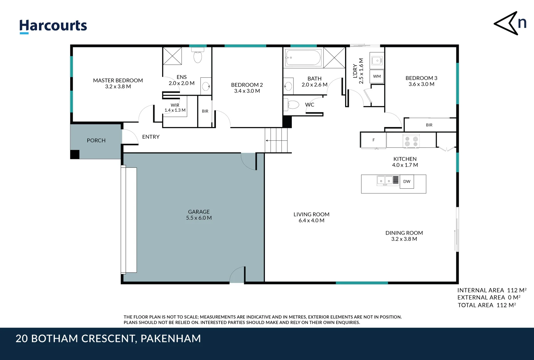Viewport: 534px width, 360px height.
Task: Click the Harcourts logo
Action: pos(53,26)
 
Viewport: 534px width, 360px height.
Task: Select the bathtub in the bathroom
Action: pos(303,58)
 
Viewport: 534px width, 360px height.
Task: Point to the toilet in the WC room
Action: pos(292,105)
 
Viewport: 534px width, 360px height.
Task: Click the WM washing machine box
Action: pos(377,76)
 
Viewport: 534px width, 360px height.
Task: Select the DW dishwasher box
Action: pos(407,182)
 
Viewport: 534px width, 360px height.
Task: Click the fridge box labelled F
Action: pos(373,140)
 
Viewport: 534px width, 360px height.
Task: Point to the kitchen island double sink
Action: pos(385,181)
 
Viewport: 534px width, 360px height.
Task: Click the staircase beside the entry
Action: pos(276,140)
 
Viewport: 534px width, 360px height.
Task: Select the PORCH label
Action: pos(96,141)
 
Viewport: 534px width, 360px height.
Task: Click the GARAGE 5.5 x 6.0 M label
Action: pos(199,215)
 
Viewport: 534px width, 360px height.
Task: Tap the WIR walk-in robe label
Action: pos(175,105)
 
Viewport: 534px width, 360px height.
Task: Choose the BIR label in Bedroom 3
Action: pos(429,125)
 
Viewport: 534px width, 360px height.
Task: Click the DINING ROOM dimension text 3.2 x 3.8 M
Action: pos(404,239)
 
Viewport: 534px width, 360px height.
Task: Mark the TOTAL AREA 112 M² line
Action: pos(486,305)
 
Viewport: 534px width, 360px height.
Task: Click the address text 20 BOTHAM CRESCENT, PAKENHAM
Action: pos(108,339)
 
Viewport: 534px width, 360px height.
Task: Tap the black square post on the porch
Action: pos(75,154)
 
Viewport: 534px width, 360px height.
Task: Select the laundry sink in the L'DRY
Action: pos(377,61)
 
